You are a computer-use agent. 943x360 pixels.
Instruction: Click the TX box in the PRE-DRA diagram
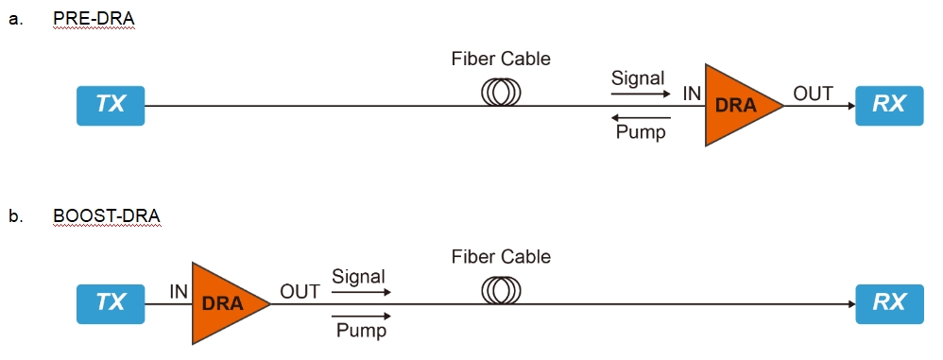[111, 105]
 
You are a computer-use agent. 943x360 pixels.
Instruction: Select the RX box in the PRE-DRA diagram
[889, 105]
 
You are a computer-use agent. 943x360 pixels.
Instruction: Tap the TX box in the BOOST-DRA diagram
[111, 302]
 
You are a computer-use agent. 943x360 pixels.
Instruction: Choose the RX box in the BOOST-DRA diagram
[889, 302]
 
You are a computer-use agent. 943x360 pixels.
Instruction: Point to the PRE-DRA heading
[94, 20]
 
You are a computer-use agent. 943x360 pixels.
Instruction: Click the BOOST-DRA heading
[106, 217]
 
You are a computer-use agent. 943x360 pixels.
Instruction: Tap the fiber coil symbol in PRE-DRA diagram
[501, 91]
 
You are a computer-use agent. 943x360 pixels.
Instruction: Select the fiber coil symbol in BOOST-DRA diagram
[501, 289]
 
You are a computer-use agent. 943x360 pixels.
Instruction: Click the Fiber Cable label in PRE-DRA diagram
[501, 60]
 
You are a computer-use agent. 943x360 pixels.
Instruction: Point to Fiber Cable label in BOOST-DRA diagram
[501, 257]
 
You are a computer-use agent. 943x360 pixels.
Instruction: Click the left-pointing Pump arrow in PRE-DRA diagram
[641, 118]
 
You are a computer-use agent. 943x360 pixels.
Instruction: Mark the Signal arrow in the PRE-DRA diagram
[641, 93]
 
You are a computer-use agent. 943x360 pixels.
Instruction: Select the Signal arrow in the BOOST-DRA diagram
[360, 292]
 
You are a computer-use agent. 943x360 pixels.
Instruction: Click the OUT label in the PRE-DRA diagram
[813, 94]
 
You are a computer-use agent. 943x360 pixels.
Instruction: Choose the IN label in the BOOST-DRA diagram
[179, 292]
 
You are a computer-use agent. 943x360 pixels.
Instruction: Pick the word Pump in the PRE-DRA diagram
[641, 132]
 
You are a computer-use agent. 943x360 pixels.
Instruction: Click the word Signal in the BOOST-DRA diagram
[358, 277]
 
